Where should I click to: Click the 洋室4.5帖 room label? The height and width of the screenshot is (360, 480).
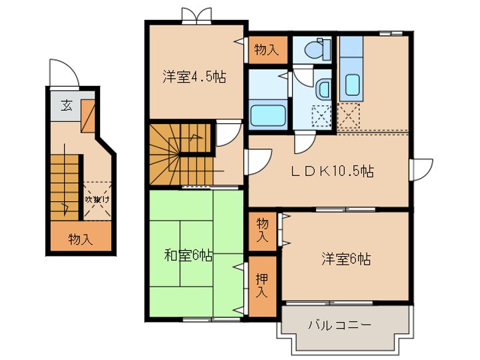coord(195,77)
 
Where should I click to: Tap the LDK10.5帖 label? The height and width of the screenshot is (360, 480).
coord(332,171)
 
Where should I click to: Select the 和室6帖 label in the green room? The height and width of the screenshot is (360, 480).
coord(189,255)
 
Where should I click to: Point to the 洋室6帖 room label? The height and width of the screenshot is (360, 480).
coord(346,259)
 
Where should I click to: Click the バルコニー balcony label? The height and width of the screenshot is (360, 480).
coord(339,325)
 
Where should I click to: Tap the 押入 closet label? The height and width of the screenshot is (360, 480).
coord(262,285)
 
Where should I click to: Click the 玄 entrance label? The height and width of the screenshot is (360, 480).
coord(67,106)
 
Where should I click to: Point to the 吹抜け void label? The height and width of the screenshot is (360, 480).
coord(97,199)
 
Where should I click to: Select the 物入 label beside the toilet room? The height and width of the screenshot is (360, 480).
coord(267,49)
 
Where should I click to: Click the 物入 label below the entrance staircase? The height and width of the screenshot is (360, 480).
coord(81,239)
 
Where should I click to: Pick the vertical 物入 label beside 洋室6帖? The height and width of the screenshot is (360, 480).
coord(263,229)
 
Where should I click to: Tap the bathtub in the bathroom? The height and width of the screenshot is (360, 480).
coord(268,116)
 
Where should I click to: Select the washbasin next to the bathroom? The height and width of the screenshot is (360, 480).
coord(323,89)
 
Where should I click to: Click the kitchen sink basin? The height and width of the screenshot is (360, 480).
coord(353,85)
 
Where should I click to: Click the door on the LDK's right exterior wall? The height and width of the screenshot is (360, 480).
coord(421,170)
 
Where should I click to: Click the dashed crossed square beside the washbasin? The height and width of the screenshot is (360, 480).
coord(321,116)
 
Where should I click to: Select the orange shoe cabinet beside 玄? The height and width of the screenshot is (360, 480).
coord(88,116)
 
